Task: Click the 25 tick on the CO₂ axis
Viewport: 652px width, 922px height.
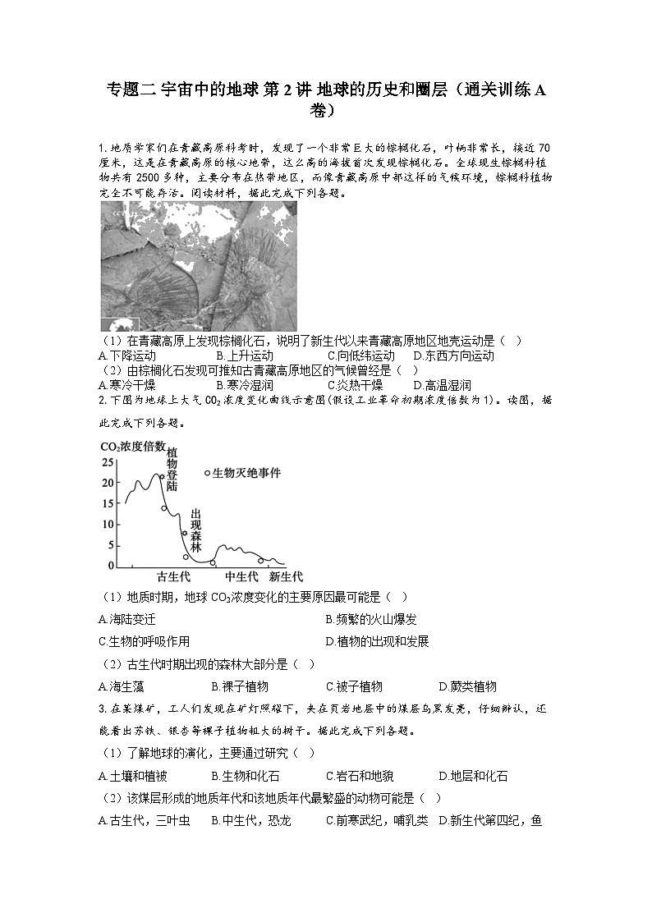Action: [108, 463]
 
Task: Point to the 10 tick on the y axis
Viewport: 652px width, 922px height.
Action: [108, 525]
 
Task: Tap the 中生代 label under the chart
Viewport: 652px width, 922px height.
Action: [242, 576]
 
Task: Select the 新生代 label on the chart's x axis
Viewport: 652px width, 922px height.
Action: [285, 576]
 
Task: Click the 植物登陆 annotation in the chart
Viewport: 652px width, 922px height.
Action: [172, 468]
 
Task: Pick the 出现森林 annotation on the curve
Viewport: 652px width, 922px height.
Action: [195, 530]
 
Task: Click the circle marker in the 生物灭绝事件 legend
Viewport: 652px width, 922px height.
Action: [207, 473]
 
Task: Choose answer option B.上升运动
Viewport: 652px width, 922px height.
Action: [245, 355]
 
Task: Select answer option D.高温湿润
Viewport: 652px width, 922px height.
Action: [443, 385]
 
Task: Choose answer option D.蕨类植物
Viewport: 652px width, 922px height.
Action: [468, 686]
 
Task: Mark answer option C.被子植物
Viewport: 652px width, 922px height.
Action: [354, 686]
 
